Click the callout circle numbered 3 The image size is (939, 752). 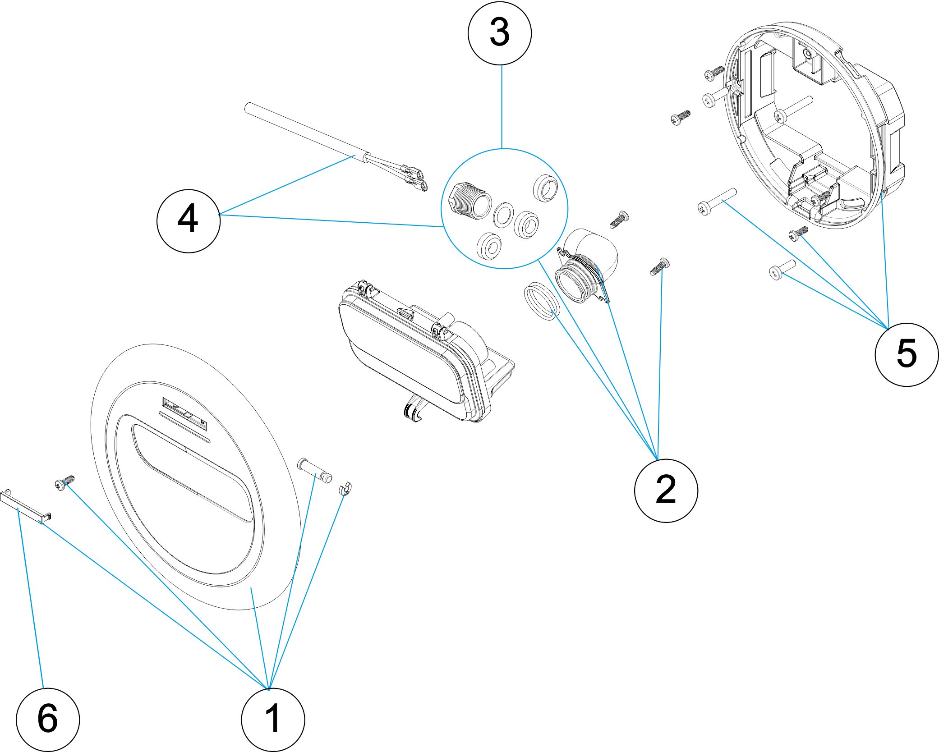coord(500,33)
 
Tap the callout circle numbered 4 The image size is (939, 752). coord(188,220)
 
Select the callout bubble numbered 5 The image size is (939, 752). coord(906,354)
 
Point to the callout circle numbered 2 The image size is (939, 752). coord(666,491)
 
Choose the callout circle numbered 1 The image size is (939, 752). coord(273,719)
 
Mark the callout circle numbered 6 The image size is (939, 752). coord(48,719)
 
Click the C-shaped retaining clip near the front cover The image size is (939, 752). coord(345,489)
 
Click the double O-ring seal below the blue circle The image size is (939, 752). coord(541,301)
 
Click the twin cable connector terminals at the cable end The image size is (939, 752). coord(414,177)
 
